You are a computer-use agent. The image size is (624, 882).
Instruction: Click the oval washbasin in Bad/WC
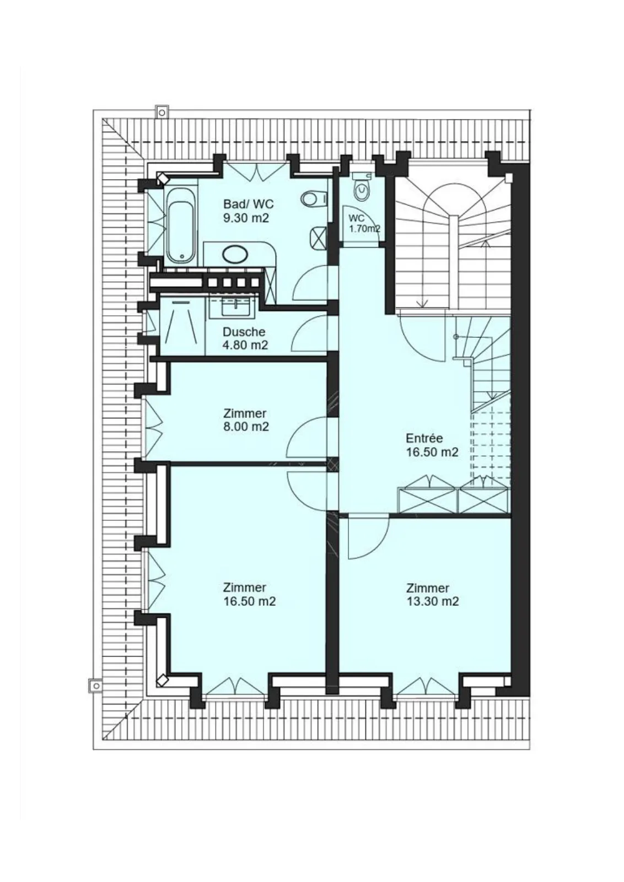[x=235, y=254]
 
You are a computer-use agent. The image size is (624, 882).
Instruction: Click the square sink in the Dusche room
[x=234, y=305]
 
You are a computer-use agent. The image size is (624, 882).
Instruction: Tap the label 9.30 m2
[x=246, y=218]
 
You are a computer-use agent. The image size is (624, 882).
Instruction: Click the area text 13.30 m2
[x=433, y=601]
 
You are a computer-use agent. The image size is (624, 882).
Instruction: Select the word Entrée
[x=424, y=438]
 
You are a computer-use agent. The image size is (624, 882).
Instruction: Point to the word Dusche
[x=244, y=332]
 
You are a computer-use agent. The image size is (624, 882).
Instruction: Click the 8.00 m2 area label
[x=246, y=427]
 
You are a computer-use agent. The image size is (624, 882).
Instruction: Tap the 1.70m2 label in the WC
[x=365, y=229]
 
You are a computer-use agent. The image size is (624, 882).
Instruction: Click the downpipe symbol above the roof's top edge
[x=162, y=112]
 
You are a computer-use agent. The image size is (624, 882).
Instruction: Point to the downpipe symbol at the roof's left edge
[x=96, y=686]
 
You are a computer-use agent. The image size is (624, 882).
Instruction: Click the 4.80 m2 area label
[x=245, y=345]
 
